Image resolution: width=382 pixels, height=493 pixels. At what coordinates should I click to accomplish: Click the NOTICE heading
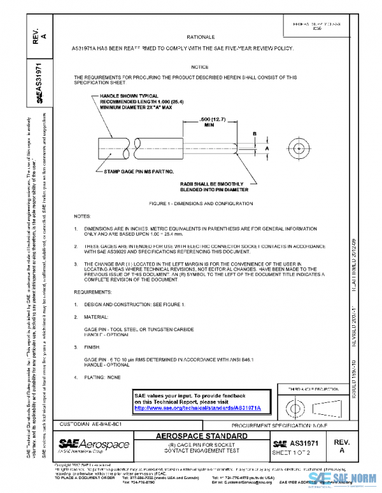[x=199, y=67]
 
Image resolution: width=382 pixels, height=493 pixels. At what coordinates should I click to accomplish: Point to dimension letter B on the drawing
[x=255, y=134]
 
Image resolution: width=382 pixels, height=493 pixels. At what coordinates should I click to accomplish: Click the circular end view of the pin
[x=298, y=147]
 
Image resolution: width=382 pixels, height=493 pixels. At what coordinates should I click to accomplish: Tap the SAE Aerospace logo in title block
[x=94, y=444]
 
